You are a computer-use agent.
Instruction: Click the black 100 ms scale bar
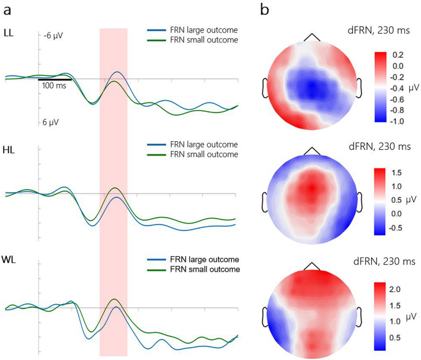pyautogui.click(x=55, y=79)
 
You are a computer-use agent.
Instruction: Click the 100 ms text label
pyautogui.click(x=55, y=86)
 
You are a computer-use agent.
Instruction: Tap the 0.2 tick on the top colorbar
pyautogui.click(x=398, y=55)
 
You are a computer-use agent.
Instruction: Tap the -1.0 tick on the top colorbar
pyautogui.click(x=398, y=121)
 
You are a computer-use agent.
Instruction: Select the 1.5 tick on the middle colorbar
pyautogui.click(x=398, y=171)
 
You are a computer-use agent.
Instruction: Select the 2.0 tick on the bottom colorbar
pyautogui.click(x=398, y=288)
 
